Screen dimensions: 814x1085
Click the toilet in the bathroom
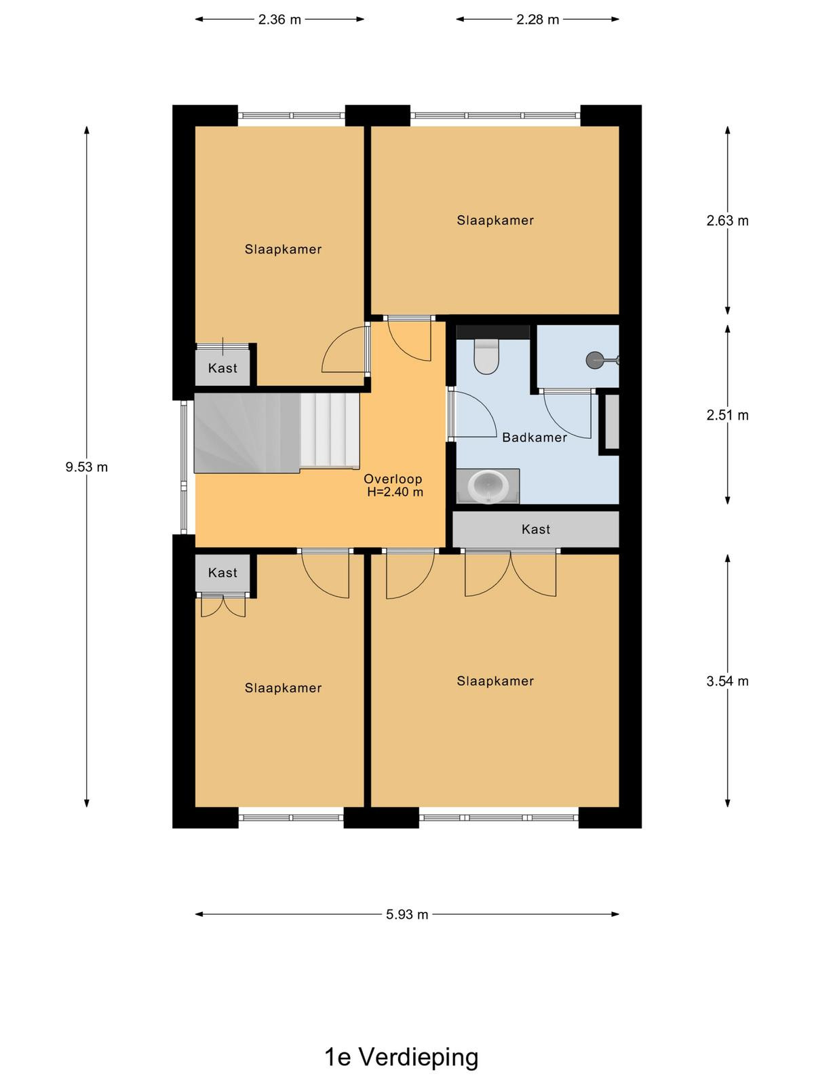click(x=486, y=356)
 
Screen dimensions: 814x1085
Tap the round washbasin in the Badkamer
click(x=488, y=486)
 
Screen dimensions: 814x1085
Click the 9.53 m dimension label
click(x=87, y=467)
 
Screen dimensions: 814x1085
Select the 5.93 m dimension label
click(x=407, y=915)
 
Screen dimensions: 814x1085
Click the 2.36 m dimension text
click(x=279, y=20)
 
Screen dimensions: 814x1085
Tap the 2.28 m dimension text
click(x=537, y=20)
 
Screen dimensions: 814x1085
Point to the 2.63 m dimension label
click(x=727, y=221)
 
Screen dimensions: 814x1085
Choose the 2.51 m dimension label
click(x=727, y=415)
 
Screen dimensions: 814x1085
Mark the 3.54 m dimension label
click(x=727, y=681)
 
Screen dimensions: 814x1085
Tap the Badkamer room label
click(x=535, y=437)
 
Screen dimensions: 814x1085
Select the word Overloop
click(x=393, y=479)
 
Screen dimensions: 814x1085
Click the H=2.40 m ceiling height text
click(x=395, y=492)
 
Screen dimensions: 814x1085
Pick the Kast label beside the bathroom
click(x=536, y=530)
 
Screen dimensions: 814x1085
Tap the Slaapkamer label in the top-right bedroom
click(x=495, y=220)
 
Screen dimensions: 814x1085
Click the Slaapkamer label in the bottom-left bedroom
click(x=283, y=688)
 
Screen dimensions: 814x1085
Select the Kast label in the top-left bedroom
click(x=222, y=368)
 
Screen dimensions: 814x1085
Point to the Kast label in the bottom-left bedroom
click(x=222, y=573)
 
